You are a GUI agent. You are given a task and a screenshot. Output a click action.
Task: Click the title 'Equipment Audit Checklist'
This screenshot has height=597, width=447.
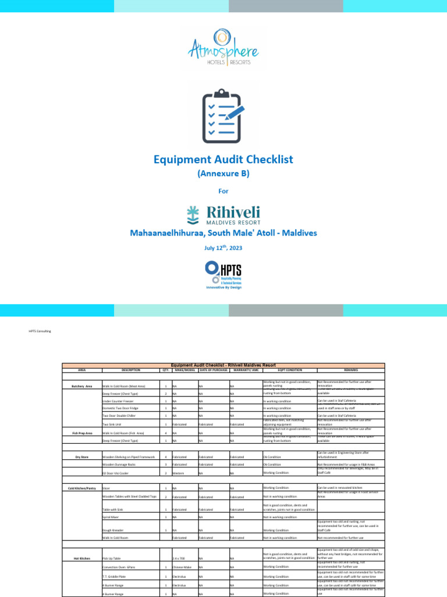click(x=223, y=159)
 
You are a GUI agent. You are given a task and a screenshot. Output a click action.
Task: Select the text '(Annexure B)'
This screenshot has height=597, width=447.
click(x=223, y=174)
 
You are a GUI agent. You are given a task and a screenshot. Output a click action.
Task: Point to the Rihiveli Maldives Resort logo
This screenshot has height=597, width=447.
click(x=223, y=215)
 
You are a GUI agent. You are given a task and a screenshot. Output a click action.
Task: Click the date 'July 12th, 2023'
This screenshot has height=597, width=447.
click(x=223, y=247)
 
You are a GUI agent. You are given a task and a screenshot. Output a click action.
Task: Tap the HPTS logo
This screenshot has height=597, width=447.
click(x=223, y=275)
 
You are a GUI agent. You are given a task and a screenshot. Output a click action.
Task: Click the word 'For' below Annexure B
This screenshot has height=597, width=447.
click(x=223, y=191)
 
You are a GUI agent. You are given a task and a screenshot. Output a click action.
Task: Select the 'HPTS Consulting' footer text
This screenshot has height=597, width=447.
click(x=40, y=331)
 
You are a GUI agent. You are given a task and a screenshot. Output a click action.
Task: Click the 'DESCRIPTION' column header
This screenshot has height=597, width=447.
click(x=131, y=370)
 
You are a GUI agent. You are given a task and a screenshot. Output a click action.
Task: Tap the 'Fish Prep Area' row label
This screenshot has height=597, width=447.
click(x=81, y=434)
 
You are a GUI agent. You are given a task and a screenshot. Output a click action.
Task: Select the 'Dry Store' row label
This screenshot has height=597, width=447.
click(x=81, y=457)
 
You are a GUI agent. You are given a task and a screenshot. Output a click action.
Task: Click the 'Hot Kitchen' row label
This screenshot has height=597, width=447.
click(x=81, y=558)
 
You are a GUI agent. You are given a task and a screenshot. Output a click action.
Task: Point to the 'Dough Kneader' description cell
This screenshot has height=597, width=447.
click(x=113, y=530)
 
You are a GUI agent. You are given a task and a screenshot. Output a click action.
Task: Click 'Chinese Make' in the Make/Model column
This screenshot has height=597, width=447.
click(x=182, y=567)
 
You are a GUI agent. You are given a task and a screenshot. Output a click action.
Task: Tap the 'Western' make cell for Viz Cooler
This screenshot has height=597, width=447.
click(x=179, y=473)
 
